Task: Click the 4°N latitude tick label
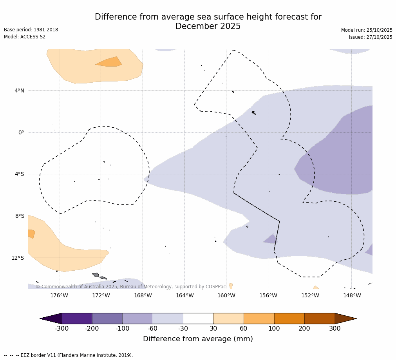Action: coord(19,91)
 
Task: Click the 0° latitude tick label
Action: coord(21,132)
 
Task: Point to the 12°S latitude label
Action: coord(18,258)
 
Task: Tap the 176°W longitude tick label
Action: coord(59,295)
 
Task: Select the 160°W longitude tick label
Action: coord(226,295)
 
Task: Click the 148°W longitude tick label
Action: coord(352,295)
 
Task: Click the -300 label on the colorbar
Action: coord(61,329)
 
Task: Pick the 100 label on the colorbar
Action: coord(274,329)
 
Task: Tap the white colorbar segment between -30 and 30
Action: coord(198,318)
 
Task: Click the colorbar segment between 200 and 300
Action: coord(320,318)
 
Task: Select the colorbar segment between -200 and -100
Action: coord(107,318)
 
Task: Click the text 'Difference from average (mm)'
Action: coord(198,339)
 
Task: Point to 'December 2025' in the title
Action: coord(208,27)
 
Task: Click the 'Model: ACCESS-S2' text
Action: coord(25,37)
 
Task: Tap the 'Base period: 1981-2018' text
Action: coord(31,30)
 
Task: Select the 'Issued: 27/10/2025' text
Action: coord(371,37)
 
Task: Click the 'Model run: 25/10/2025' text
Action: coord(367,30)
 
